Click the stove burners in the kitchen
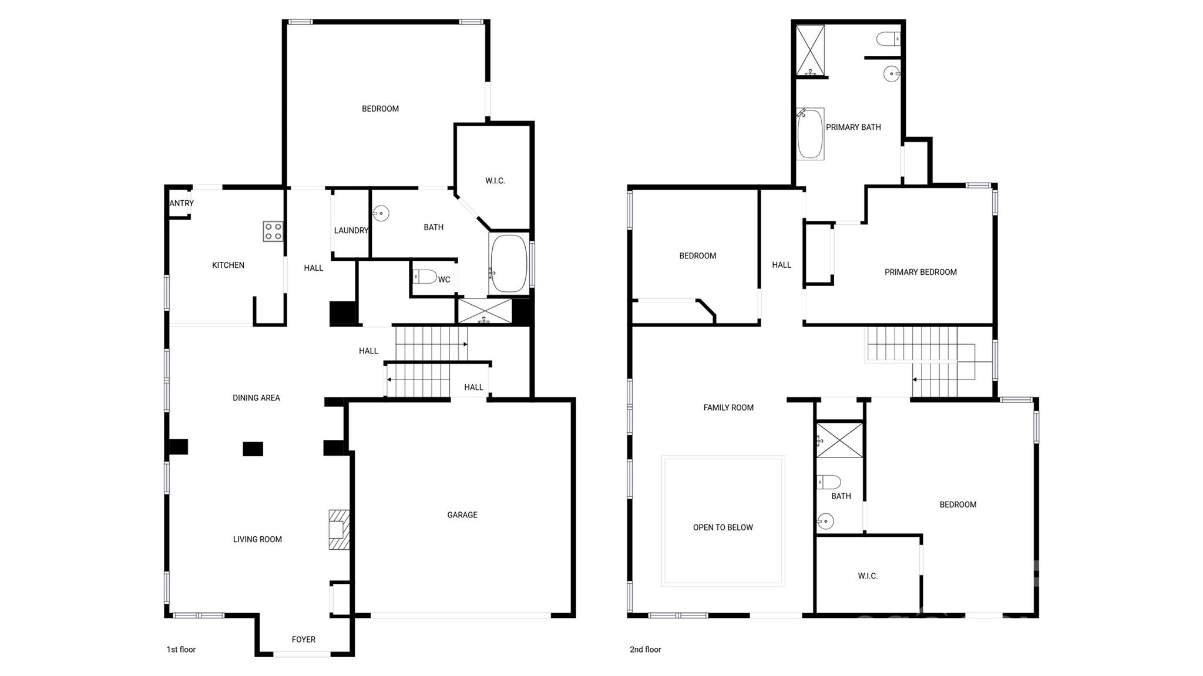[273, 231]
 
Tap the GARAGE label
[462, 515]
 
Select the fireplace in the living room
[338, 530]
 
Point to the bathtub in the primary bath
[810, 134]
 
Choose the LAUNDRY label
[351, 230]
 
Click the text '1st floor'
[181, 650]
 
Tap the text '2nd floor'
[645, 650]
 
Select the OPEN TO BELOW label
[723, 527]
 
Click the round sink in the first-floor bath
[381, 213]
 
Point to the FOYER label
[304, 640]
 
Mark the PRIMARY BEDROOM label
[920, 272]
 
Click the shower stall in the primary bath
[810, 51]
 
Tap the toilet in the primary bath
[888, 39]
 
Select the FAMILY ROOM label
[728, 408]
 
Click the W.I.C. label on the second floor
[868, 576]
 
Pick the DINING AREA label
[256, 398]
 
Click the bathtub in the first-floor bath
[509, 264]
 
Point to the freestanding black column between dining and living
[253, 449]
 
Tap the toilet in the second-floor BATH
[829, 482]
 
